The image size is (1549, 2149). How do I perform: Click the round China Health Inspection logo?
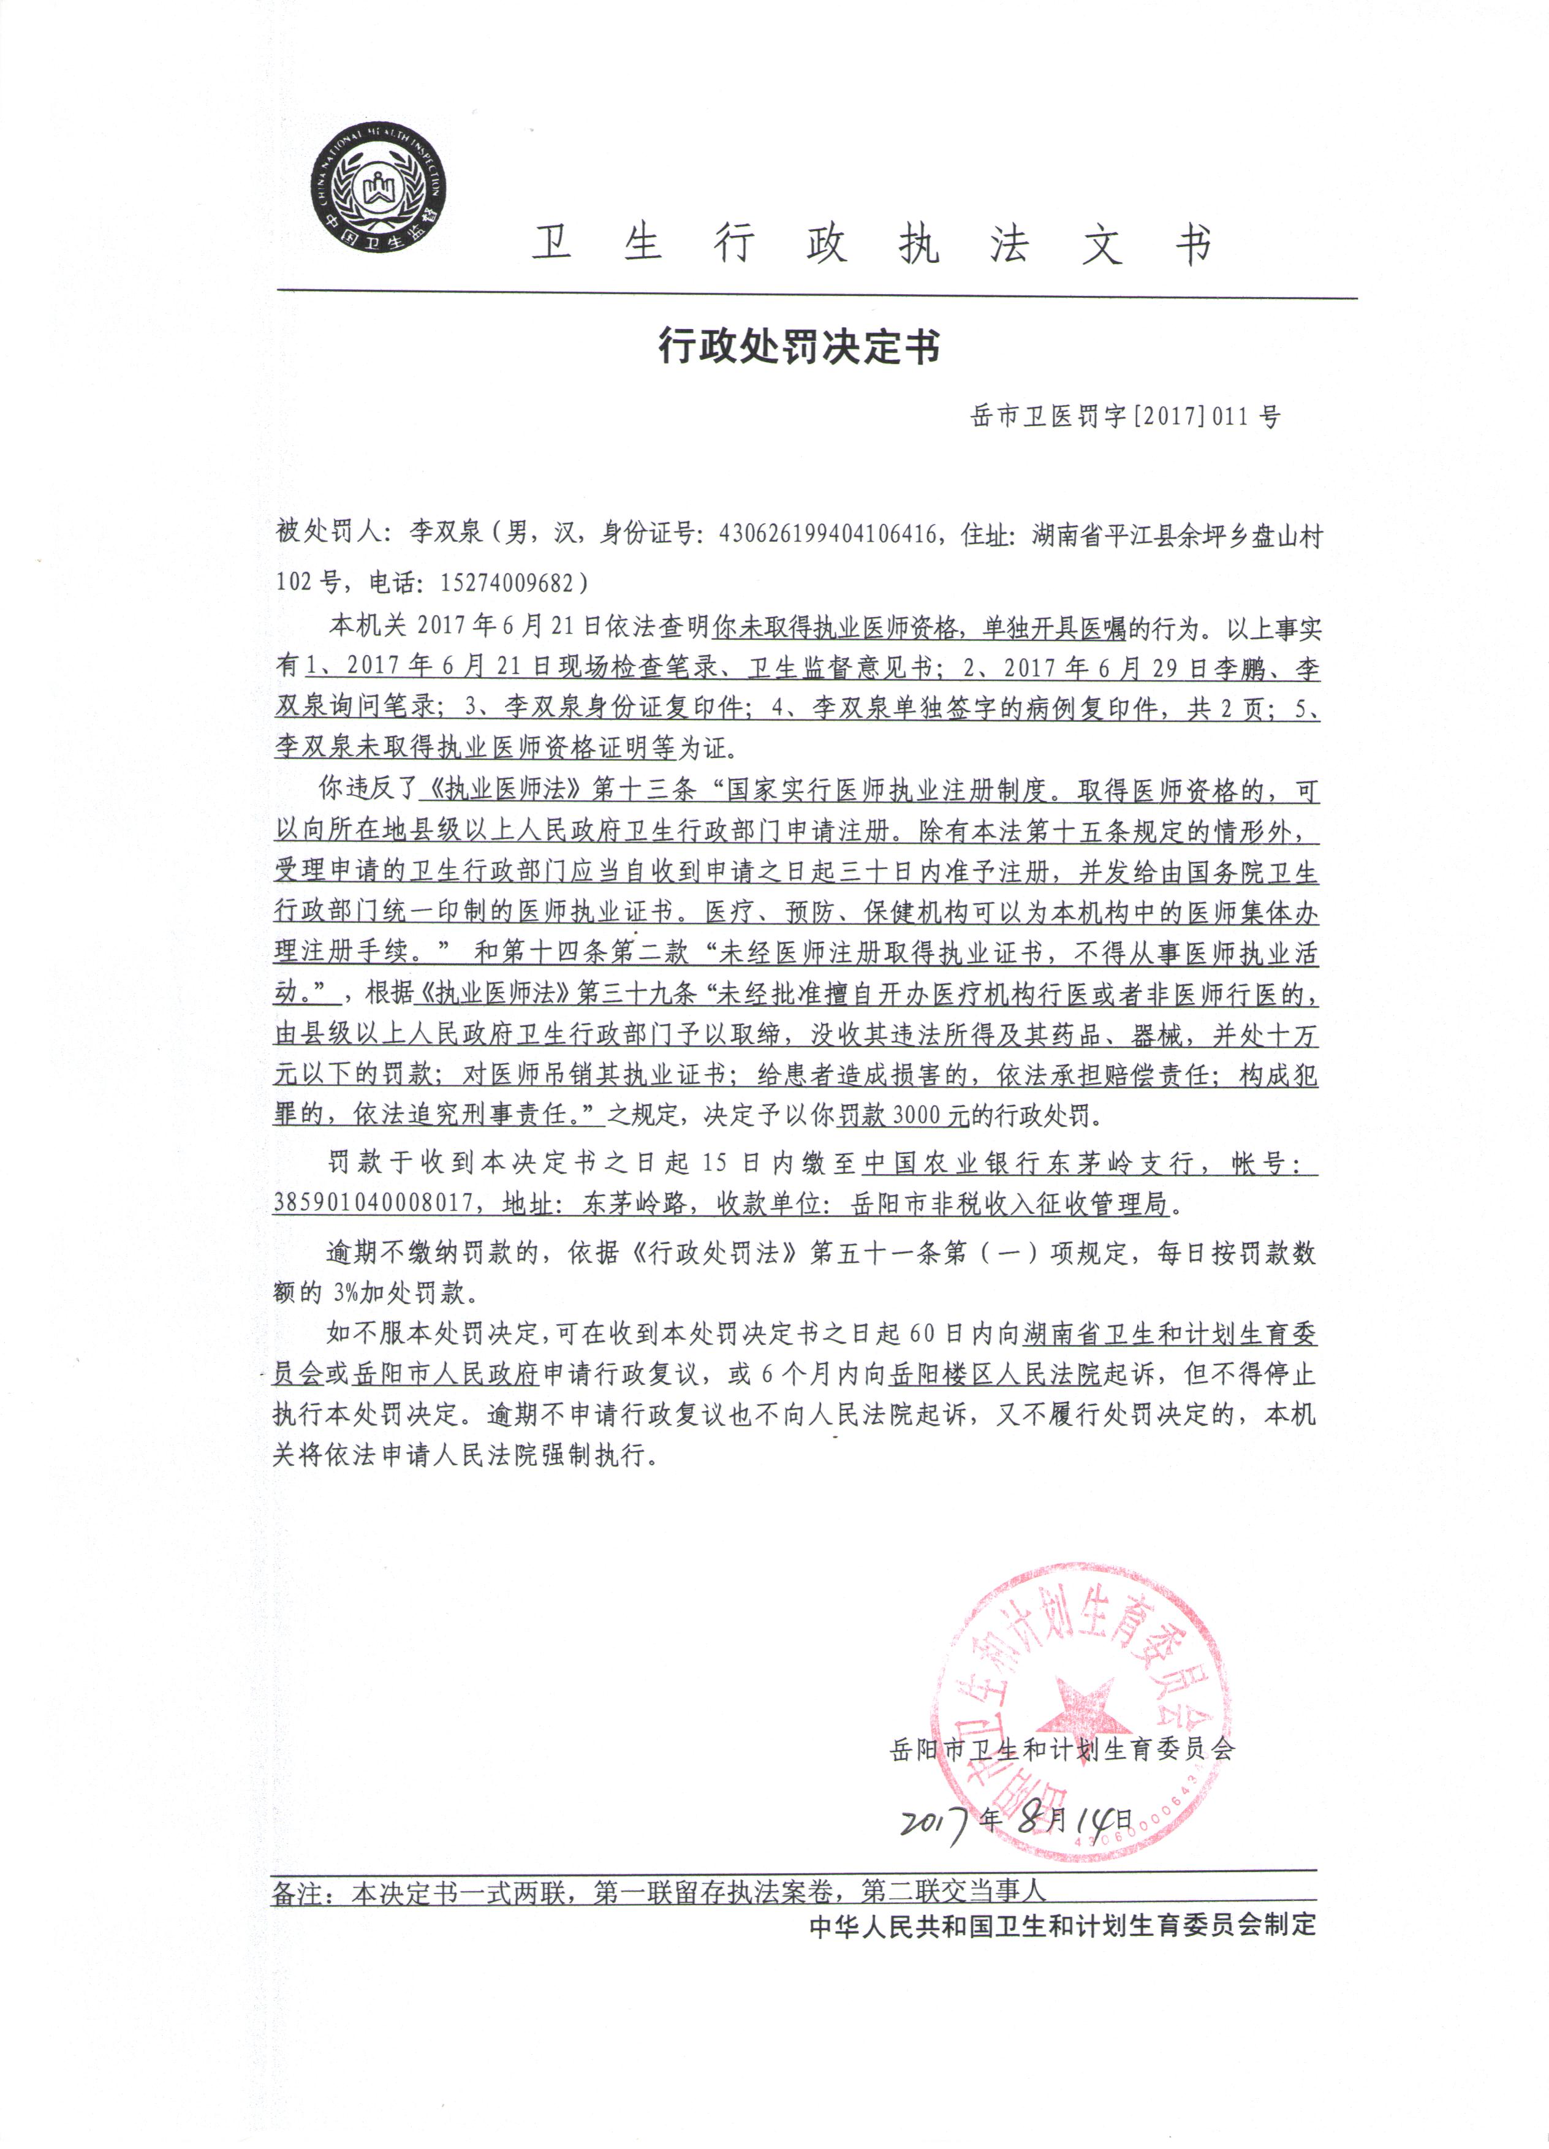(381, 189)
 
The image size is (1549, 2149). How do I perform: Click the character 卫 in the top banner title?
(552, 244)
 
